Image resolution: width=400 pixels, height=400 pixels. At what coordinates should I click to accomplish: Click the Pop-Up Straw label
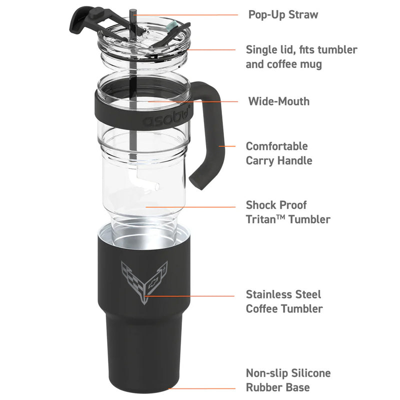click(283, 14)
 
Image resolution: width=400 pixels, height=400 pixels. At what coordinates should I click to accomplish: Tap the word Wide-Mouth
click(279, 101)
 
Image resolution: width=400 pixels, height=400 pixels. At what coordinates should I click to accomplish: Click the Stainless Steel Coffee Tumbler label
click(283, 301)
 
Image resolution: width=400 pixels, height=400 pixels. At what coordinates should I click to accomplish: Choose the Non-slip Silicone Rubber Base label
click(288, 380)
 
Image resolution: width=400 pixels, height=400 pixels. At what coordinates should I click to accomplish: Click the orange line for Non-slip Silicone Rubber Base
click(202, 388)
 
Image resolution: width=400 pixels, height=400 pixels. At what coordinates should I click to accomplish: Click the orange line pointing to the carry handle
click(230, 146)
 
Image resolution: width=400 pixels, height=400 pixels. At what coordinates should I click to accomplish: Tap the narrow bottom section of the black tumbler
click(143, 360)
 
